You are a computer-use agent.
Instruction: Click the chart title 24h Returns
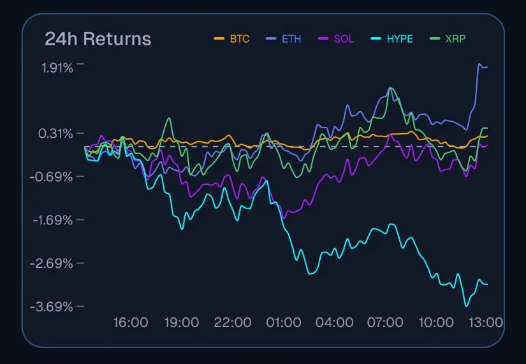click(x=98, y=39)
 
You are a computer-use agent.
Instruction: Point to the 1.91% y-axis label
click(x=57, y=67)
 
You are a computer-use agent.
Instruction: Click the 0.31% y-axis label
click(x=57, y=133)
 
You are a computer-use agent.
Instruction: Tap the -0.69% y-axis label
click(x=52, y=177)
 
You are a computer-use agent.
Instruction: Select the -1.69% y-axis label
click(x=52, y=220)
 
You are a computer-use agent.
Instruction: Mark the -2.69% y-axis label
click(x=52, y=263)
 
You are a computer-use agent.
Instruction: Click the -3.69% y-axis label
click(x=52, y=307)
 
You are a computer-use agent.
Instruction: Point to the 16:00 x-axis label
click(x=131, y=323)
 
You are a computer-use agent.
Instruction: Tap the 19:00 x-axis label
click(x=182, y=323)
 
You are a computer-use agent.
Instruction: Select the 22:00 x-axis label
click(x=233, y=323)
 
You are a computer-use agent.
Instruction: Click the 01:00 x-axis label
click(x=283, y=323)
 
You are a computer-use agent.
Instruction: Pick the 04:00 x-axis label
click(x=334, y=323)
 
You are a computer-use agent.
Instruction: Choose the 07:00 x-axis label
click(x=385, y=323)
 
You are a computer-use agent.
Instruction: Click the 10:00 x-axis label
click(x=435, y=323)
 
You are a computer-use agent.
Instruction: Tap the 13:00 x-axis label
click(x=486, y=323)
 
